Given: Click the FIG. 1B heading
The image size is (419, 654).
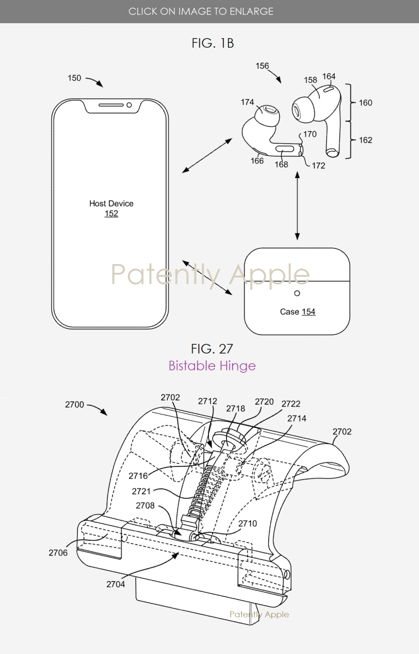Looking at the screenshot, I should (213, 43).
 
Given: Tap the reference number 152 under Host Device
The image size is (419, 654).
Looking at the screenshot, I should (111, 213).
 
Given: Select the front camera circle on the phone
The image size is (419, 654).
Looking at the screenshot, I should (129, 105).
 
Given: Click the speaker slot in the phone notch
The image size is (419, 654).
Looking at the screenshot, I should (111, 105).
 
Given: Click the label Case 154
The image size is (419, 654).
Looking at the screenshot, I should (297, 312).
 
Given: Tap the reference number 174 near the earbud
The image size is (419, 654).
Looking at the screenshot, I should (247, 103).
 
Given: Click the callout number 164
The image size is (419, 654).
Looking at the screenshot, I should (329, 77).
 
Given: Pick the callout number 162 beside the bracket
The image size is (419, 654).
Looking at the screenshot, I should (366, 140).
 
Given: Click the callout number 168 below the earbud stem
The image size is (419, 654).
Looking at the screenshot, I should (282, 165).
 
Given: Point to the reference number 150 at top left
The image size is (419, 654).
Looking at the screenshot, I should (74, 78).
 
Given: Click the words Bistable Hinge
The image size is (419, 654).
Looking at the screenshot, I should (212, 365).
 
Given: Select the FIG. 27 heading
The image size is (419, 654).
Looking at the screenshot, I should (212, 348).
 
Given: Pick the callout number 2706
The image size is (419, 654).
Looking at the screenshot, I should (58, 552).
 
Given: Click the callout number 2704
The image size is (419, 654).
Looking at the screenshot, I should (115, 584).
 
